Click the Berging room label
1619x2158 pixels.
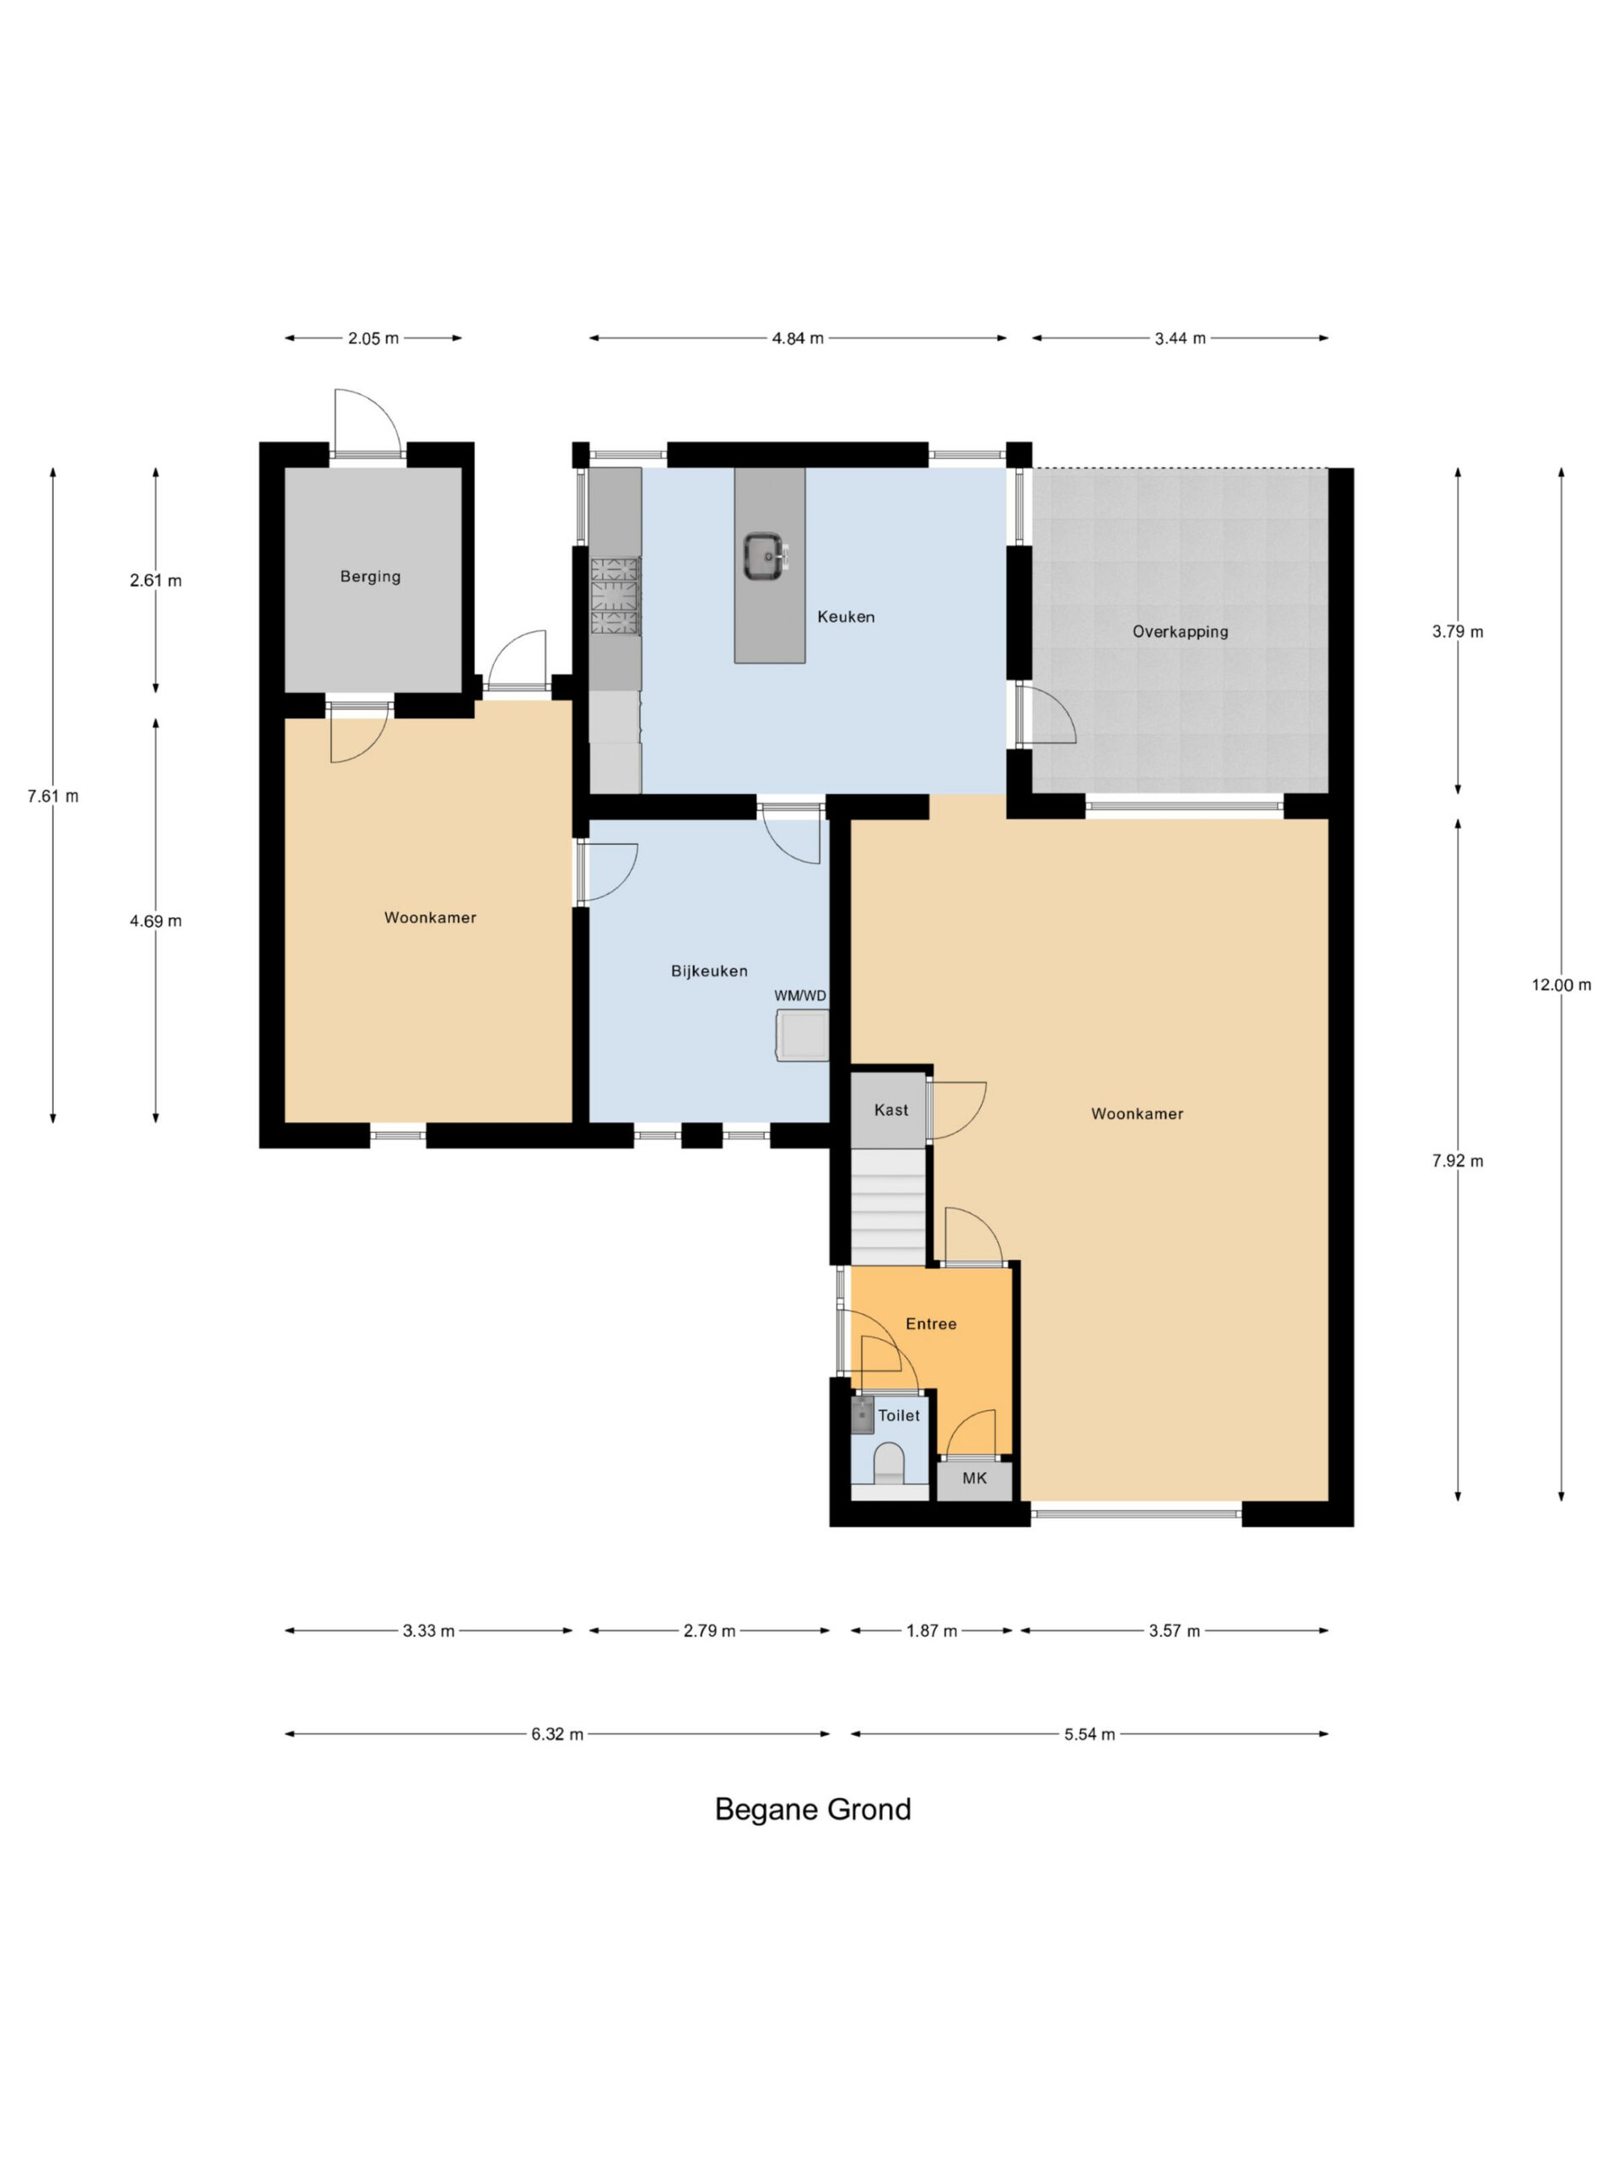[370, 577]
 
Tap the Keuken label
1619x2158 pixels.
[846, 616]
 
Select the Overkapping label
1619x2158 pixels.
[1180, 631]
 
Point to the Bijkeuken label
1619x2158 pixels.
[709, 971]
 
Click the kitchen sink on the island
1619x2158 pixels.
[762, 556]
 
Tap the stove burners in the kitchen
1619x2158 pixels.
[615, 596]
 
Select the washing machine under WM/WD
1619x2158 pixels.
[802, 1035]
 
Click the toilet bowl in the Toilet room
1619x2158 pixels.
[888, 1463]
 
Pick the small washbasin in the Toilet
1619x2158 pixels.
[863, 1415]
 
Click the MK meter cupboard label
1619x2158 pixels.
[975, 1478]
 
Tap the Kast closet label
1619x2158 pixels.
[891, 1109]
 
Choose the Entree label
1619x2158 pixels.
[931, 1323]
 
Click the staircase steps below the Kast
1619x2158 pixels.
[888, 1207]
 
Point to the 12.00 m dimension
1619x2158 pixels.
[1561, 985]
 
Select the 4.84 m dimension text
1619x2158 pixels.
[798, 339]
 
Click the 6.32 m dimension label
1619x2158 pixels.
[557, 1734]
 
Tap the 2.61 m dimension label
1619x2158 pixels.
[156, 581]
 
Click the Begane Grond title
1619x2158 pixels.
[813, 1809]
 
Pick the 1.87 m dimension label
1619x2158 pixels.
[932, 1630]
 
